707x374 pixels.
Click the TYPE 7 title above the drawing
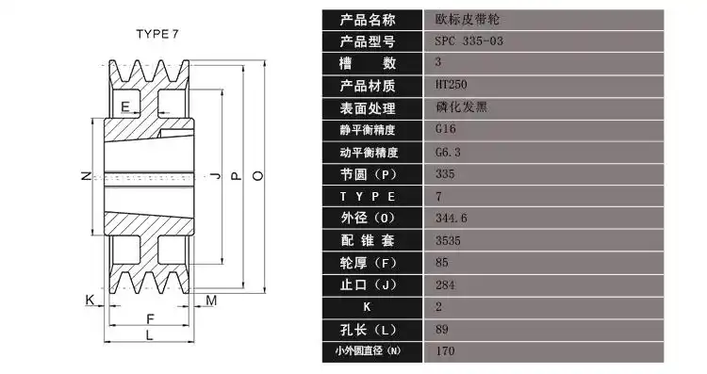click(x=157, y=34)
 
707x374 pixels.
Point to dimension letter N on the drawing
click(x=85, y=176)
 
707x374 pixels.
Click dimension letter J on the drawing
click(x=217, y=175)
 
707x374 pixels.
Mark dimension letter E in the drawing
click(x=126, y=104)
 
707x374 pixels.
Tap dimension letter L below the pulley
click(x=149, y=334)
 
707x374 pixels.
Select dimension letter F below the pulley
click(x=149, y=317)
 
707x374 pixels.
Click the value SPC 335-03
click(x=469, y=41)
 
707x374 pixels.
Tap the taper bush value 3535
click(x=448, y=240)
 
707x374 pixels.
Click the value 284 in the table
click(x=445, y=284)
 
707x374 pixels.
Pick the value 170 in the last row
click(x=445, y=350)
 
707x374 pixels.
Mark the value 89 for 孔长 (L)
click(x=442, y=329)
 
